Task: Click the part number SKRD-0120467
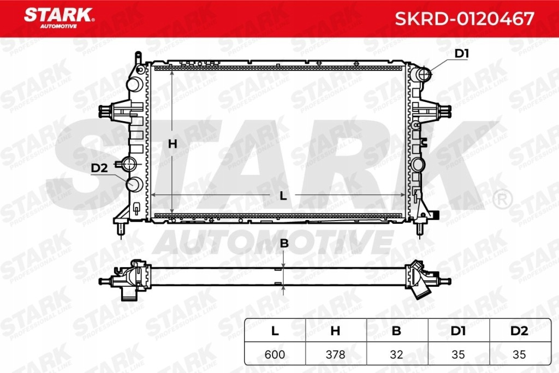click(x=464, y=19)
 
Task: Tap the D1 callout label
click(x=462, y=54)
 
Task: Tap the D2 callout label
click(x=99, y=168)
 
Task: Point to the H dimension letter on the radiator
click(x=173, y=144)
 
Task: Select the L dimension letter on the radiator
click(x=283, y=195)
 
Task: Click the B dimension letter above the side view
click(x=284, y=244)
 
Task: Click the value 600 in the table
click(x=275, y=354)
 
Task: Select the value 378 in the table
click(x=336, y=354)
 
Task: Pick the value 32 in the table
click(x=397, y=354)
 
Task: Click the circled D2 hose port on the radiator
click(x=134, y=184)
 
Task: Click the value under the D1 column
click(x=458, y=354)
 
